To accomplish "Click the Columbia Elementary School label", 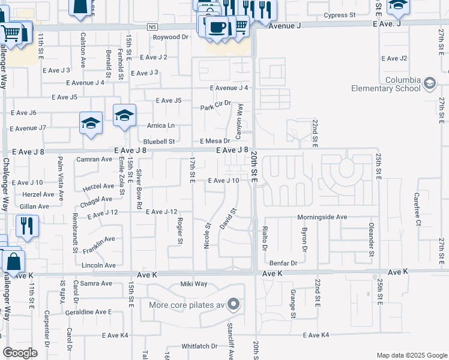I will [x=386, y=84].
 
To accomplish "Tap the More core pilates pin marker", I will [x=234, y=305].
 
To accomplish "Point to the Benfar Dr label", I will [x=283, y=263].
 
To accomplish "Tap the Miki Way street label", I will [x=193, y=284].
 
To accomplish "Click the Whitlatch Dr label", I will [x=199, y=346].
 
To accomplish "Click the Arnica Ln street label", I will [x=161, y=125].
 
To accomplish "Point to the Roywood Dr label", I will [x=170, y=37].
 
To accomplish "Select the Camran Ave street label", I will [x=94, y=159].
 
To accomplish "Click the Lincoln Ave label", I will [x=98, y=265].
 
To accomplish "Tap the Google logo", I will [x=20, y=353].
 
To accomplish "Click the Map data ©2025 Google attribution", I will [x=411, y=355].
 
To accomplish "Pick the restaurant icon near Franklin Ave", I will [x=27, y=226].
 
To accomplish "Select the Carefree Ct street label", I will [x=417, y=209].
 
